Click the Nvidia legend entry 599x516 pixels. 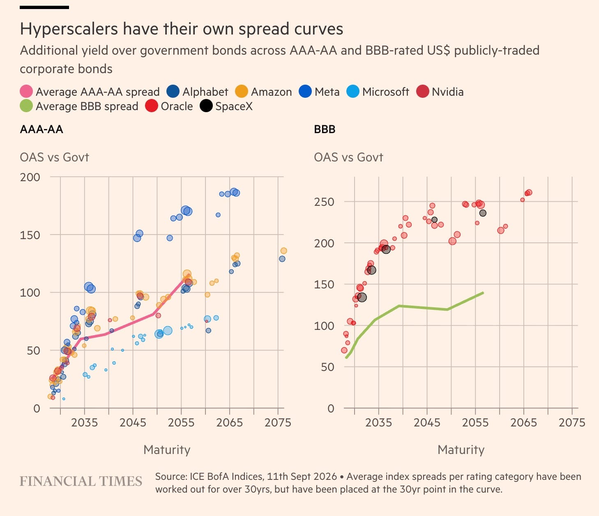click(x=440, y=92)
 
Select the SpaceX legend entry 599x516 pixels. click(x=226, y=106)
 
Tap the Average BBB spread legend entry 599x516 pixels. click(x=79, y=106)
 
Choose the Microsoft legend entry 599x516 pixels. click(x=378, y=92)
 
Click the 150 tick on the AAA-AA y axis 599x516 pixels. click(x=30, y=235)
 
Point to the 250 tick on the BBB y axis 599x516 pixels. click(x=324, y=202)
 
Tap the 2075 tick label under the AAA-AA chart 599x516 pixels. click(x=278, y=422)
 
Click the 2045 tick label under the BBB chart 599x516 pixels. click(x=427, y=422)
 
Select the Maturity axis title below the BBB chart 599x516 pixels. click(x=461, y=450)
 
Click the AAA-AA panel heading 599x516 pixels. click(x=41, y=129)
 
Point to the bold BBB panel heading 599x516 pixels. click(x=325, y=129)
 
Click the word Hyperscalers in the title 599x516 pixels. click(x=69, y=30)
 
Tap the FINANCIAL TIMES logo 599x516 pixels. click(x=81, y=481)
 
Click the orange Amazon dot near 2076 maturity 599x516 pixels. click(x=284, y=251)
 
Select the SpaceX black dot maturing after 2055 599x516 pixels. click(x=483, y=213)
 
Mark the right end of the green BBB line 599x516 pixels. click(x=483, y=293)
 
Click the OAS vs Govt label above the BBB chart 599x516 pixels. click(x=348, y=157)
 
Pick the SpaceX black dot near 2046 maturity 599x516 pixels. click(x=434, y=220)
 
